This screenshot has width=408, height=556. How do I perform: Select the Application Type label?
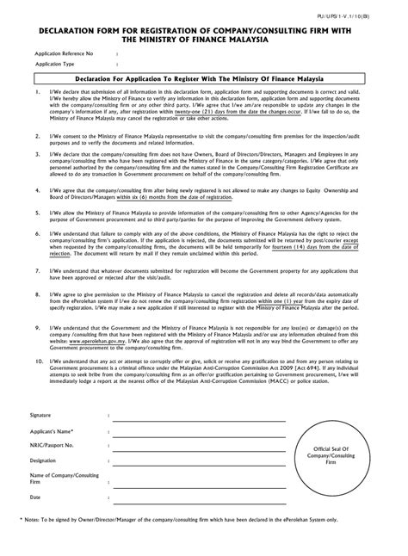point(55,64)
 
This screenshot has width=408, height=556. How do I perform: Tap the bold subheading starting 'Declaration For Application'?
point(204,78)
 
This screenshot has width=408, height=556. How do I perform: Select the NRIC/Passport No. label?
point(53,445)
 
